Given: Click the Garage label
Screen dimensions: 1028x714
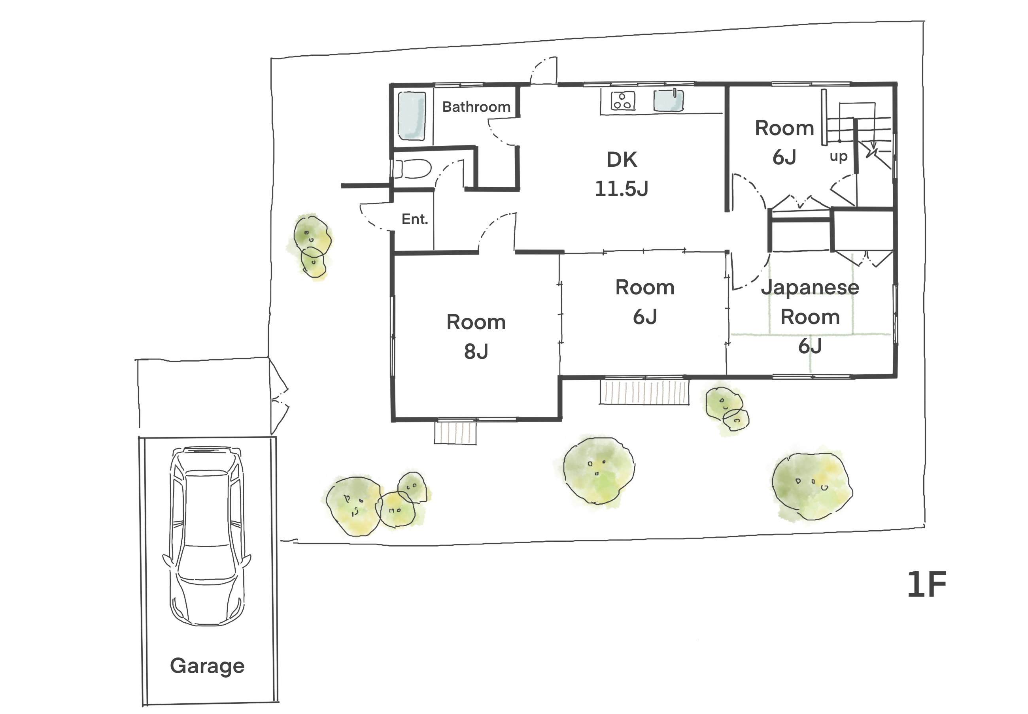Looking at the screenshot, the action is [207, 666].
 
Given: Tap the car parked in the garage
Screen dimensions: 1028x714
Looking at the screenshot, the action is [207, 535].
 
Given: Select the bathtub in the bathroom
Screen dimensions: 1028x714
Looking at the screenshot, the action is [411, 116].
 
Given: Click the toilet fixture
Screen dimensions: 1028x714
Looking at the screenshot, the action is [412, 169].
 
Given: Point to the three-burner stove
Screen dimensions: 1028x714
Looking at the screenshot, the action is [623, 101].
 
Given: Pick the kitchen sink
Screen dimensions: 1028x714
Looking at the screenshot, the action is [668, 100].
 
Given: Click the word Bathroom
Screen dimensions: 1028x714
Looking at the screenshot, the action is [476, 107].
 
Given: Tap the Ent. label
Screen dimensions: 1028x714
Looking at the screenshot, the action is [415, 219].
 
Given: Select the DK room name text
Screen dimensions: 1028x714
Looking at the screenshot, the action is [622, 160].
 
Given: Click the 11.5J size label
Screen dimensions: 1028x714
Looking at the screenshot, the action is [621, 189].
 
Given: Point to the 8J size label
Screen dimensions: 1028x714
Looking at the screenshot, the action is [476, 352].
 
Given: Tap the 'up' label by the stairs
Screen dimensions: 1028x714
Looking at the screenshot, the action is [839, 156].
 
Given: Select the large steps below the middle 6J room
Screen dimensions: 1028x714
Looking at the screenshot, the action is [644, 392].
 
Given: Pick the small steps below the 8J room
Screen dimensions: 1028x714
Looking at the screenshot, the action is [455, 433].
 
